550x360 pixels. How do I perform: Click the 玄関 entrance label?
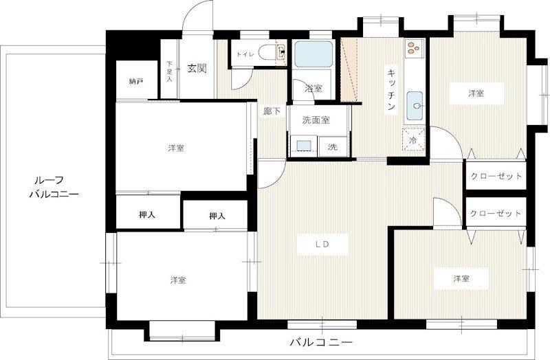(x=197, y=68)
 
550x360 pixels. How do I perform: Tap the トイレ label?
(x=245, y=54)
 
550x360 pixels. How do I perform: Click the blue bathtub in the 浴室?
(x=313, y=54)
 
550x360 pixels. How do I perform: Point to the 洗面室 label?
(x=316, y=120)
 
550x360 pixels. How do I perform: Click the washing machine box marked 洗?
(x=333, y=147)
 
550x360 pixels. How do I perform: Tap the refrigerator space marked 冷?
(x=413, y=140)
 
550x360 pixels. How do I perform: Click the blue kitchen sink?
(x=415, y=105)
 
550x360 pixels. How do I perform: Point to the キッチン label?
(x=391, y=89)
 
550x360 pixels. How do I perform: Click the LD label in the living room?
(x=322, y=245)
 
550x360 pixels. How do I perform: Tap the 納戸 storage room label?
(x=136, y=81)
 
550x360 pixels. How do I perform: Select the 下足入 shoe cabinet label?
(x=170, y=71)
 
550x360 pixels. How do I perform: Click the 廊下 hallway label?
(x=272, y=111)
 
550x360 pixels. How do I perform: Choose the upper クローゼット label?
(x=496, y=176)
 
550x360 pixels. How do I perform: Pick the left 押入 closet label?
(x=147, y=215)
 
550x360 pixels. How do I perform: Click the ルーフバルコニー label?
(x=54, y=187)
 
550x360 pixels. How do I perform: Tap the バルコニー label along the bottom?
(x=321, y=342)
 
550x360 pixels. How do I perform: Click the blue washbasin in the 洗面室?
(x=304, y=146)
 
